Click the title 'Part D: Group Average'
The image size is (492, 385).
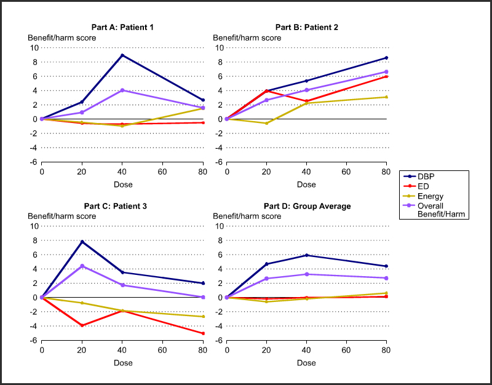[306, 206]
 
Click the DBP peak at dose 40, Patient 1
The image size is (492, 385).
[122, 55]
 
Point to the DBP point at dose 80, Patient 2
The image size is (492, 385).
[386, 58]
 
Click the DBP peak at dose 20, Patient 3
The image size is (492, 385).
[82, 242]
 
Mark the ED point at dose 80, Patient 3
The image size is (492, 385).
[203, 333]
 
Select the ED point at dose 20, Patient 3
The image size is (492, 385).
[82, 325]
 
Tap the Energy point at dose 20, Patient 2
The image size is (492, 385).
[266, 124]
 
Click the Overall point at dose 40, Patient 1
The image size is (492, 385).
[122, 90]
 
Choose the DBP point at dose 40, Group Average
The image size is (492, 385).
[306, 255]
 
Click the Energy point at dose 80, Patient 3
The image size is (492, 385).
[203, 317]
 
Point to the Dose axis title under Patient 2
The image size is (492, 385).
[306, 185]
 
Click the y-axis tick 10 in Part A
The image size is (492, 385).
[34, 47]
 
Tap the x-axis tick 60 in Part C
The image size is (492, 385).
[162, 351]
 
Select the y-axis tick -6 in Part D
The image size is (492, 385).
[218, 340]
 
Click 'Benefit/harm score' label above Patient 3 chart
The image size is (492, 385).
[61, 216]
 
